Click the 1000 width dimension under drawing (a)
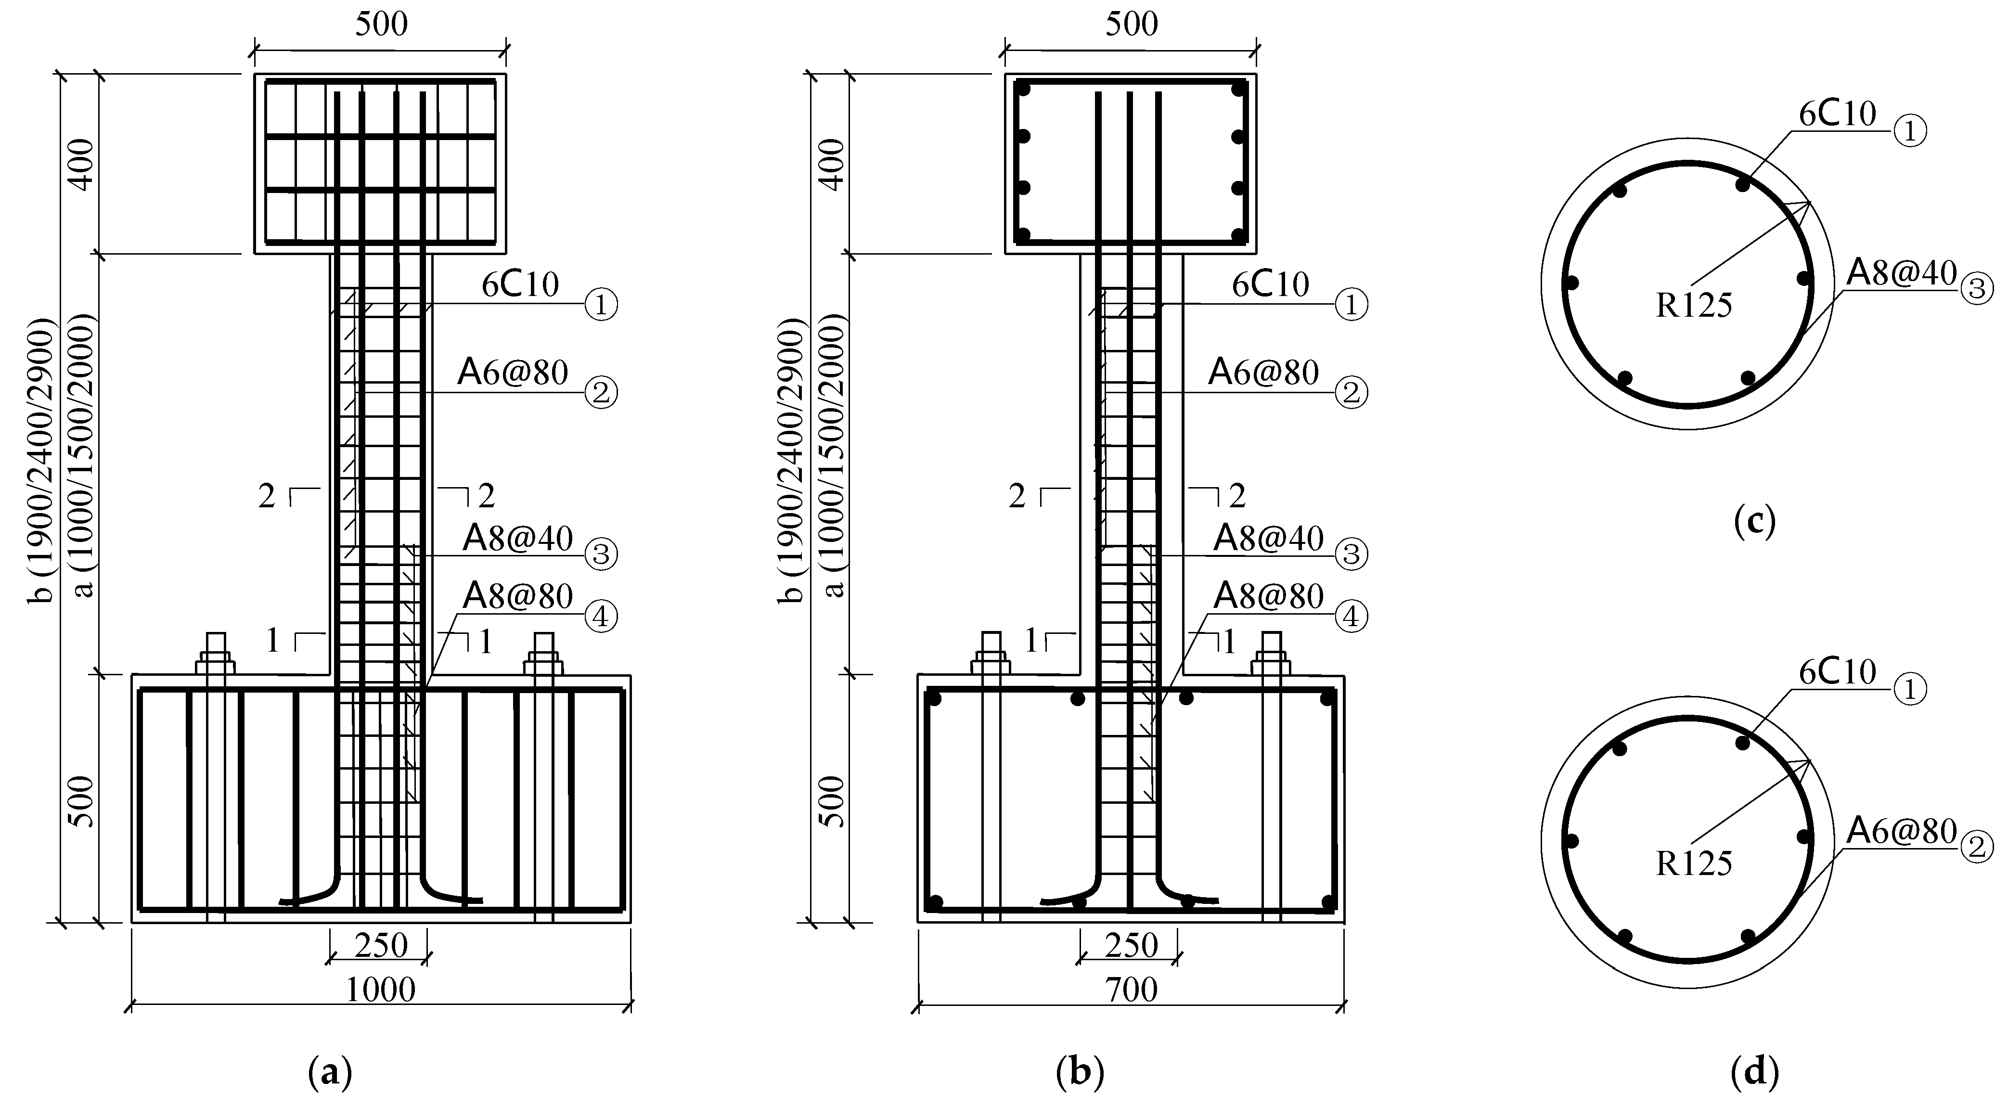point(380,989)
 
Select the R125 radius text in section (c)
point(1693,305)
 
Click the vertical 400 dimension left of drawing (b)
point(833,165)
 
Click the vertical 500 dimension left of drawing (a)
point(82,801)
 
